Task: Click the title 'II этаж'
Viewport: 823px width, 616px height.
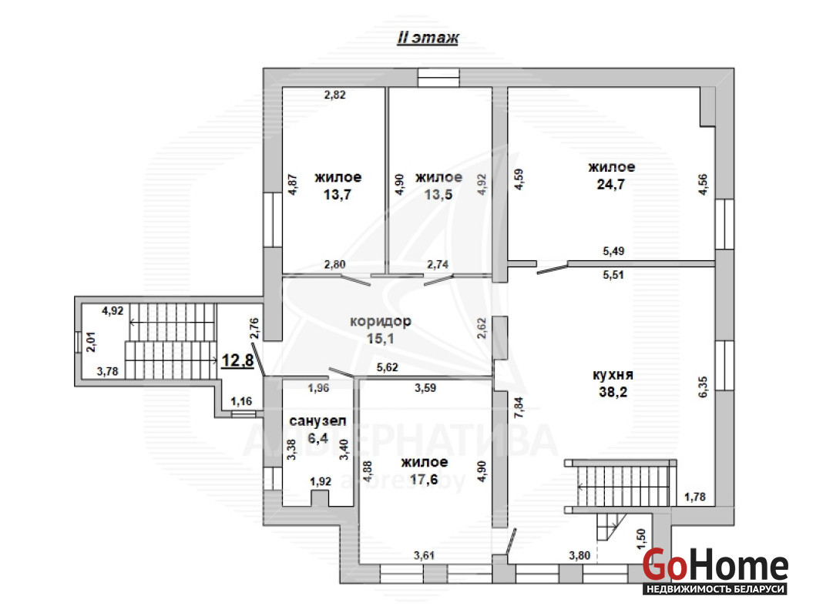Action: (x=428, y=38)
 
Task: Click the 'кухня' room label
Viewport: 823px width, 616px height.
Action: (x=613, y=375)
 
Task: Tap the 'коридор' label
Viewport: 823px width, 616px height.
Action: (x=381, y=321)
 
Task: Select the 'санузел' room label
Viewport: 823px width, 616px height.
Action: (x=317, y=420)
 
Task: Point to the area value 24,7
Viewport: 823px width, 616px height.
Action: (x=610, y=184)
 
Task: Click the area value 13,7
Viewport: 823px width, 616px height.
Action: (x=337, y=195)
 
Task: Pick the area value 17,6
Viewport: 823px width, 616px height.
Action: (x=424, y=479)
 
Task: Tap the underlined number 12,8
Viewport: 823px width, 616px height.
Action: (x=238, y=360)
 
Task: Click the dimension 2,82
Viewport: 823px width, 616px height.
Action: (x=335, y=95)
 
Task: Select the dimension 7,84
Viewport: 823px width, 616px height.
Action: (x=519, y=407)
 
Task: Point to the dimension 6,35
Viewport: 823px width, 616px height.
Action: (x=703, y=387)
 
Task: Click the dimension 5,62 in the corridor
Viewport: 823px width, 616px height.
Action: (x=388, y=367)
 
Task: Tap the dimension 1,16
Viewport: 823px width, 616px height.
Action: (x=241, y=402)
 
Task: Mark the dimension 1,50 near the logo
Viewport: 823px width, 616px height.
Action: (x=641, y=539)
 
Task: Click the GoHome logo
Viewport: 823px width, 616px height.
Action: (x=715, y=571)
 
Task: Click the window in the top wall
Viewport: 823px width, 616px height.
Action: (x=438, y=78)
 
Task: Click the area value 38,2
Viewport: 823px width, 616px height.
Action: (x=613, y=392)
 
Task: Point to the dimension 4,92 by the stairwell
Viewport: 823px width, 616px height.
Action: (x=113, y=311)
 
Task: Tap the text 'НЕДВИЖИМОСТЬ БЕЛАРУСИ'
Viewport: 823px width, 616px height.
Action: (x=715, y=589)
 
